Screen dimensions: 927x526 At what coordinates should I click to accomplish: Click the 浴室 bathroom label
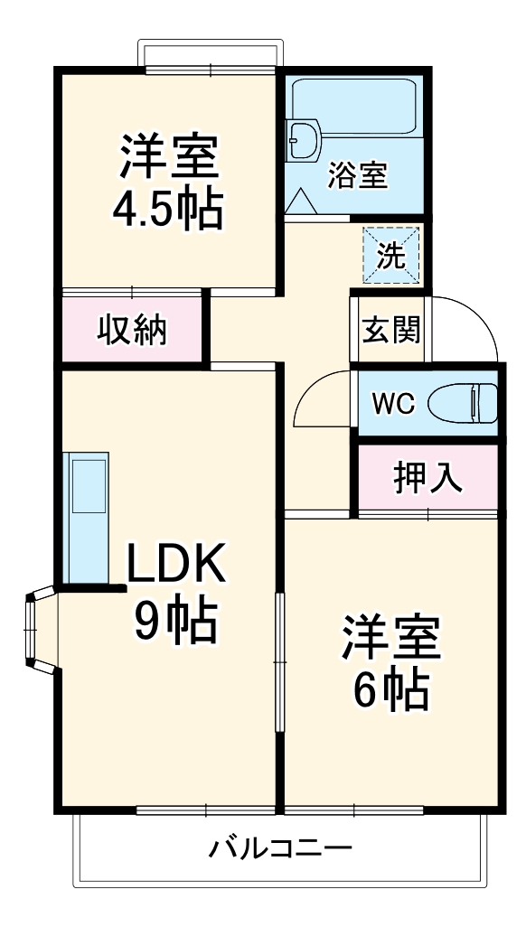coord(358,175)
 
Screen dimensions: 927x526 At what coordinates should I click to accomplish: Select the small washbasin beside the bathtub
coord(301,140)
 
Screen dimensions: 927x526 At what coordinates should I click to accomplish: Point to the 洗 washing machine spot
coord(391,256)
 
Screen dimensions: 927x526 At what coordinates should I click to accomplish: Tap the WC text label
coord(393,404)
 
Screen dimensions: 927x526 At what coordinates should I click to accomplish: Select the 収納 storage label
coord(132,331)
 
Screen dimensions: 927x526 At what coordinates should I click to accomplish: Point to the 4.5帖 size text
coord(167,211)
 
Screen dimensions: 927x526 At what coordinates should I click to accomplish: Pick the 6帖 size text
coord(390,690)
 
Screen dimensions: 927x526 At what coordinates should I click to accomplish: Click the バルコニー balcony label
coord(280,849)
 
